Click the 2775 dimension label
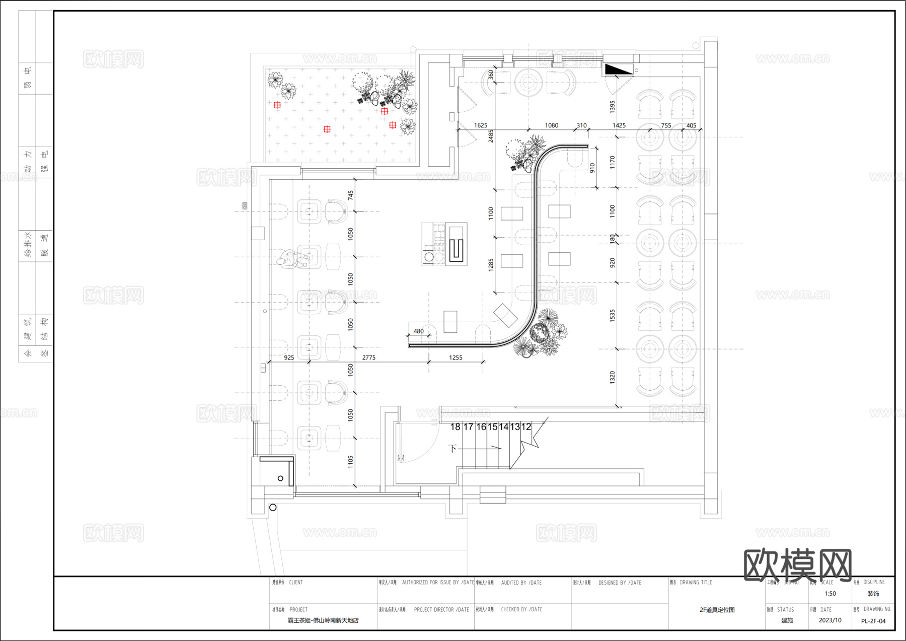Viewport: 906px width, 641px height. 369,358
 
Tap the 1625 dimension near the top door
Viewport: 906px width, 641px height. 481,125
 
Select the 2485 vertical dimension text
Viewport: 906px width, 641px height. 491,136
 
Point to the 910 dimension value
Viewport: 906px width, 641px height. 592,168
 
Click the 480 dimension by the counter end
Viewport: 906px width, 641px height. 419,331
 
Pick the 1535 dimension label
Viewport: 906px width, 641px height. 612,316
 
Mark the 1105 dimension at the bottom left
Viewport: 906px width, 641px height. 351,462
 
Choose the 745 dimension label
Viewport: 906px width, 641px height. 351,195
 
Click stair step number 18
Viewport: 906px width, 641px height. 455,427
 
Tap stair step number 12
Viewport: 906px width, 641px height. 526,427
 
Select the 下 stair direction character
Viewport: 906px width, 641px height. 452,448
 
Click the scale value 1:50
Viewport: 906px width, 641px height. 830,594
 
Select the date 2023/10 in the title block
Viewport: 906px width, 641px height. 830,620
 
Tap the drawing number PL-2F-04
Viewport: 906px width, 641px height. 873,621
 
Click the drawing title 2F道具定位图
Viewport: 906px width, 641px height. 717,610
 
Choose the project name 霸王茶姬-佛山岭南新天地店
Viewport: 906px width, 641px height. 323,620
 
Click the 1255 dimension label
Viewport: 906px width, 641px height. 456,358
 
